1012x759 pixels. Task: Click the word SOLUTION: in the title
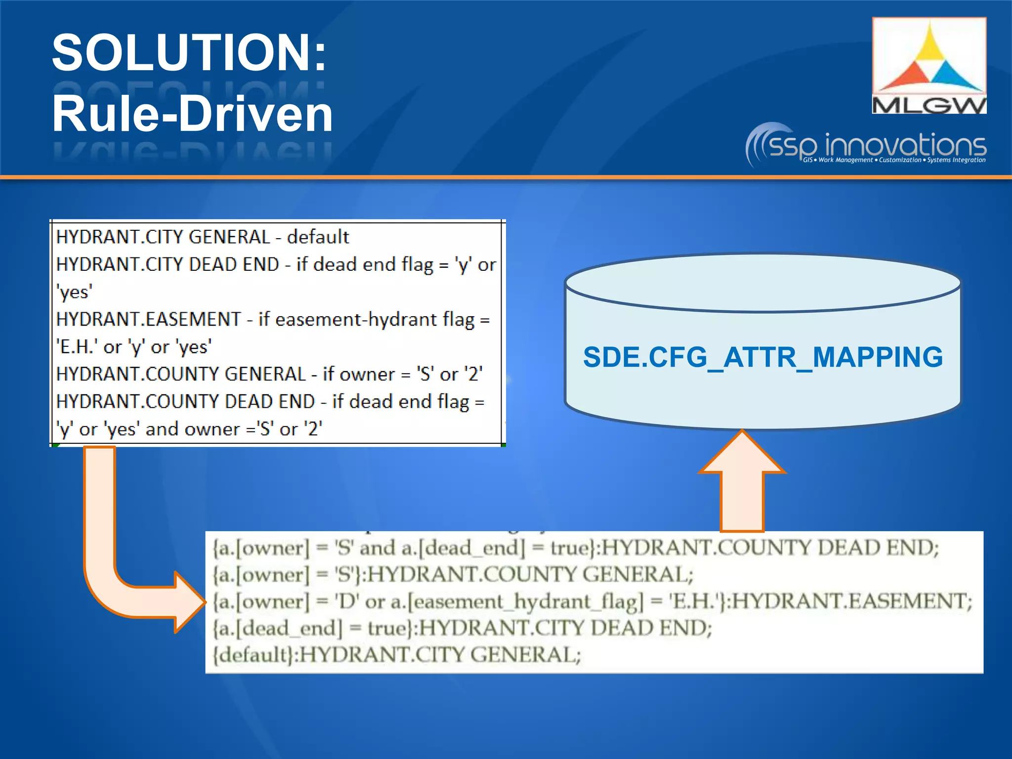(x=189, y=52)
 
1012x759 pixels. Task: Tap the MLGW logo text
(x=928, y=105)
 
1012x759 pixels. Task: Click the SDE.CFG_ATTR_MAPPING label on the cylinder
(x=762, y=357)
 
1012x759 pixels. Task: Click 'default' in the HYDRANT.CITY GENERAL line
(x=318, y=237)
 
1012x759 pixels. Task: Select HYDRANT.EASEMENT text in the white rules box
(x=148, y=319)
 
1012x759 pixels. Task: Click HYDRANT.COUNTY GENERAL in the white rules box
(x=181, y=374)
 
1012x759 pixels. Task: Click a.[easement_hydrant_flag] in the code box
(x=517, y=601)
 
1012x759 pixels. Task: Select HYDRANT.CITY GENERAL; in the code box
(x=440, y=655)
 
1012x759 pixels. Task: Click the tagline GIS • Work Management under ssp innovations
(x=837, y=160)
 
